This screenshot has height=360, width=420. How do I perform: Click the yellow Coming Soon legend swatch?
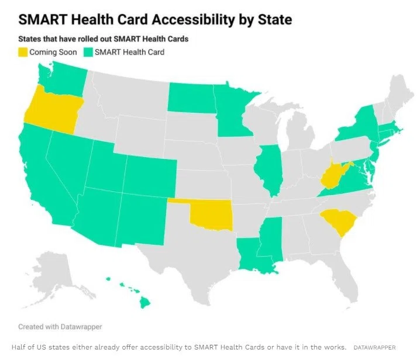coord(23,52)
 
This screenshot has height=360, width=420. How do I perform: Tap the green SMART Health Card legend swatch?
coord(88,52)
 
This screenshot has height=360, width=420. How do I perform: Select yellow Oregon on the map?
coord(54,110)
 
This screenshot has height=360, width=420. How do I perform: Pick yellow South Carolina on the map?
coord(339,221)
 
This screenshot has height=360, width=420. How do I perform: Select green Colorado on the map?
coord(150,175)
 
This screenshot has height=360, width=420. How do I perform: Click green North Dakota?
coord(191,98)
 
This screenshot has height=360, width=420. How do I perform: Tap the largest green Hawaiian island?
coord(144,303)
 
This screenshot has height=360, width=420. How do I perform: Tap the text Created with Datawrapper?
coord(60,327)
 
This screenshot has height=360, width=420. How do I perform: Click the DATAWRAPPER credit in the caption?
coord(374,347)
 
